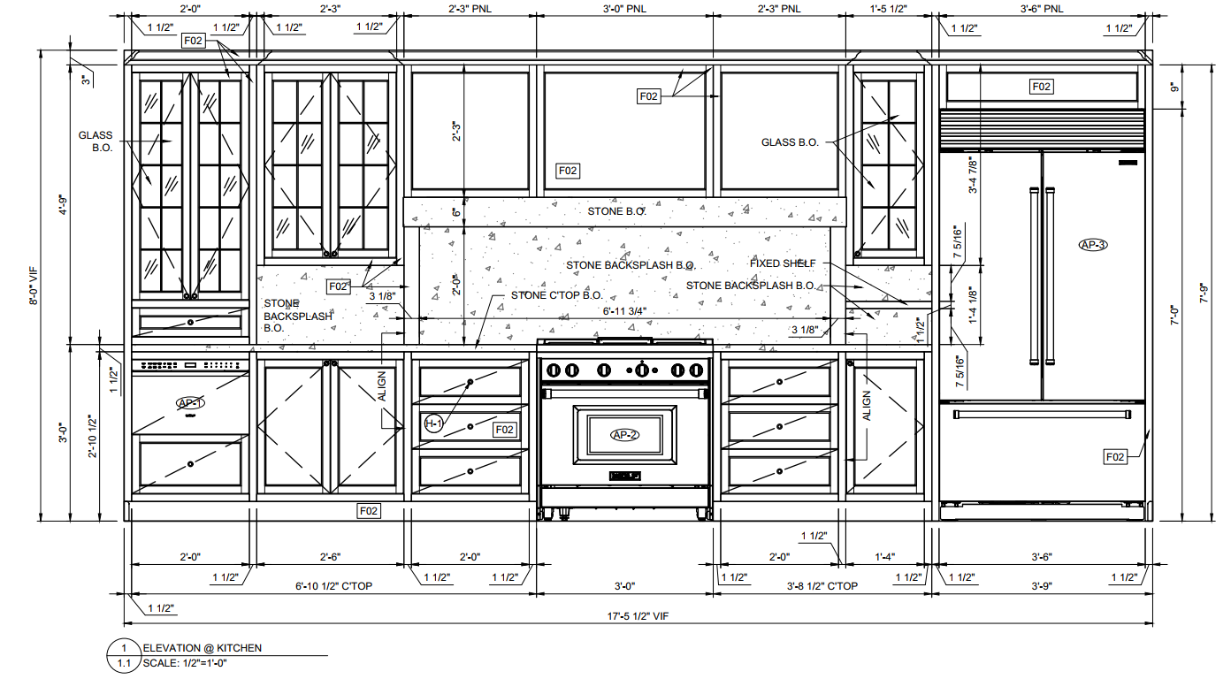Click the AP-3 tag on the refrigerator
pyautogui.click(x=1093, y=245)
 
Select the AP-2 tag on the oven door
pyautogui.click(x=625, y=434)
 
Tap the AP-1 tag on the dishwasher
pyautogui.click(x=190, y=404)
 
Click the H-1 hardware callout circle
pyautogui.click(x=433, y=424)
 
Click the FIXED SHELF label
pyautogui.click(x=783, y=263)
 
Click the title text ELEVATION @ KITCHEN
pyautogui.click(x=203, y=648)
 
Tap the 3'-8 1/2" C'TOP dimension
pyautogui.click(x=822, y=586)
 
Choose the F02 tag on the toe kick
pyautogui.click(x=369, y=510)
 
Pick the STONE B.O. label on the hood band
pyautogui.click(x=616, y=212)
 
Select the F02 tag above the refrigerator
pyautogui.click(x=1041, y=86)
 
